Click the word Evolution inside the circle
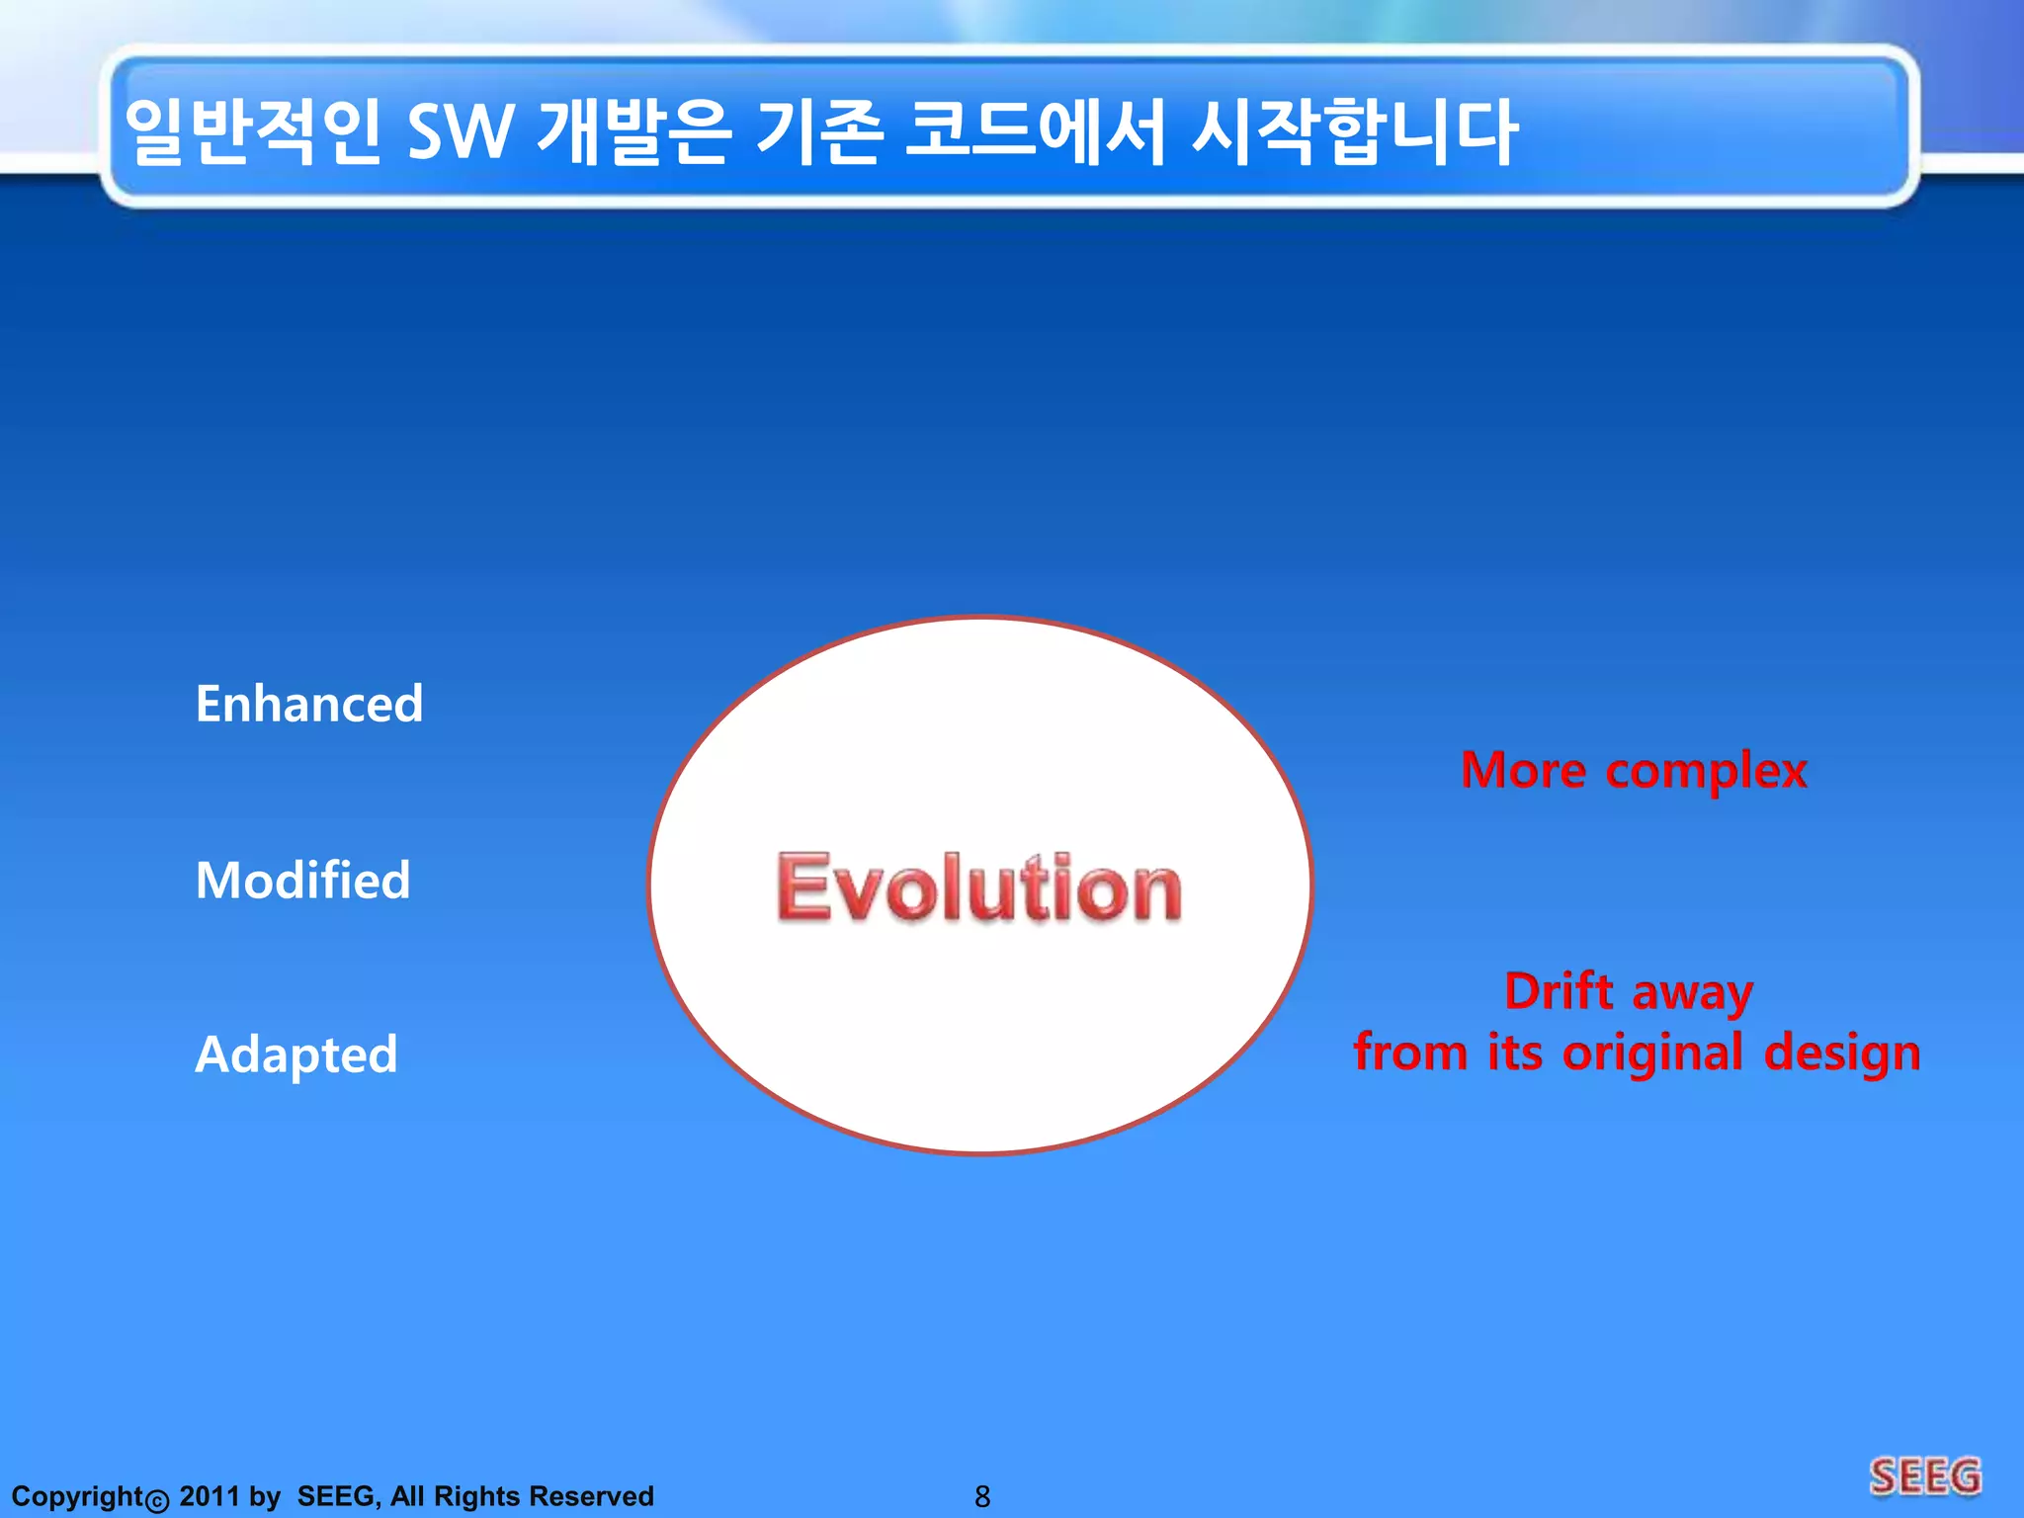pyautogui.click(x=978, y=887)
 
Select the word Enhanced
pyautogui.click(x=309, y=705)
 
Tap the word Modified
pyautogui.click(x=302, y=881)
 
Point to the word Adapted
pyautogui.click(x=296, y=1054)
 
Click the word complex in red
pyautogui.click(x=1707, y=772)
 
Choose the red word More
pyautogui.click(x=1523, y=770)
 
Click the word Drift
pyautogui.click(x=1559, y=991)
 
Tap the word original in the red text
pyautogui.click(x=1652, y=1054)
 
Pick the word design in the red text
pyautogui.click(x=1842, y=1054)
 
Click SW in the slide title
pyautogui.click(x=460, y=132)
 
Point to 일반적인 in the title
pyautogui.click(x=253, y=132)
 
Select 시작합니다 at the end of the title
pyautogui.click(x=1354, y=132)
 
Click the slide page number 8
pyautogui.click(x=981, y=1496)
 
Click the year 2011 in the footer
pyautogui.click(x=209, y=1496)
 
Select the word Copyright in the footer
pyautogui.click(x=77, y=1496)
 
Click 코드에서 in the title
pyautogui.click(x=1036, y=132)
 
